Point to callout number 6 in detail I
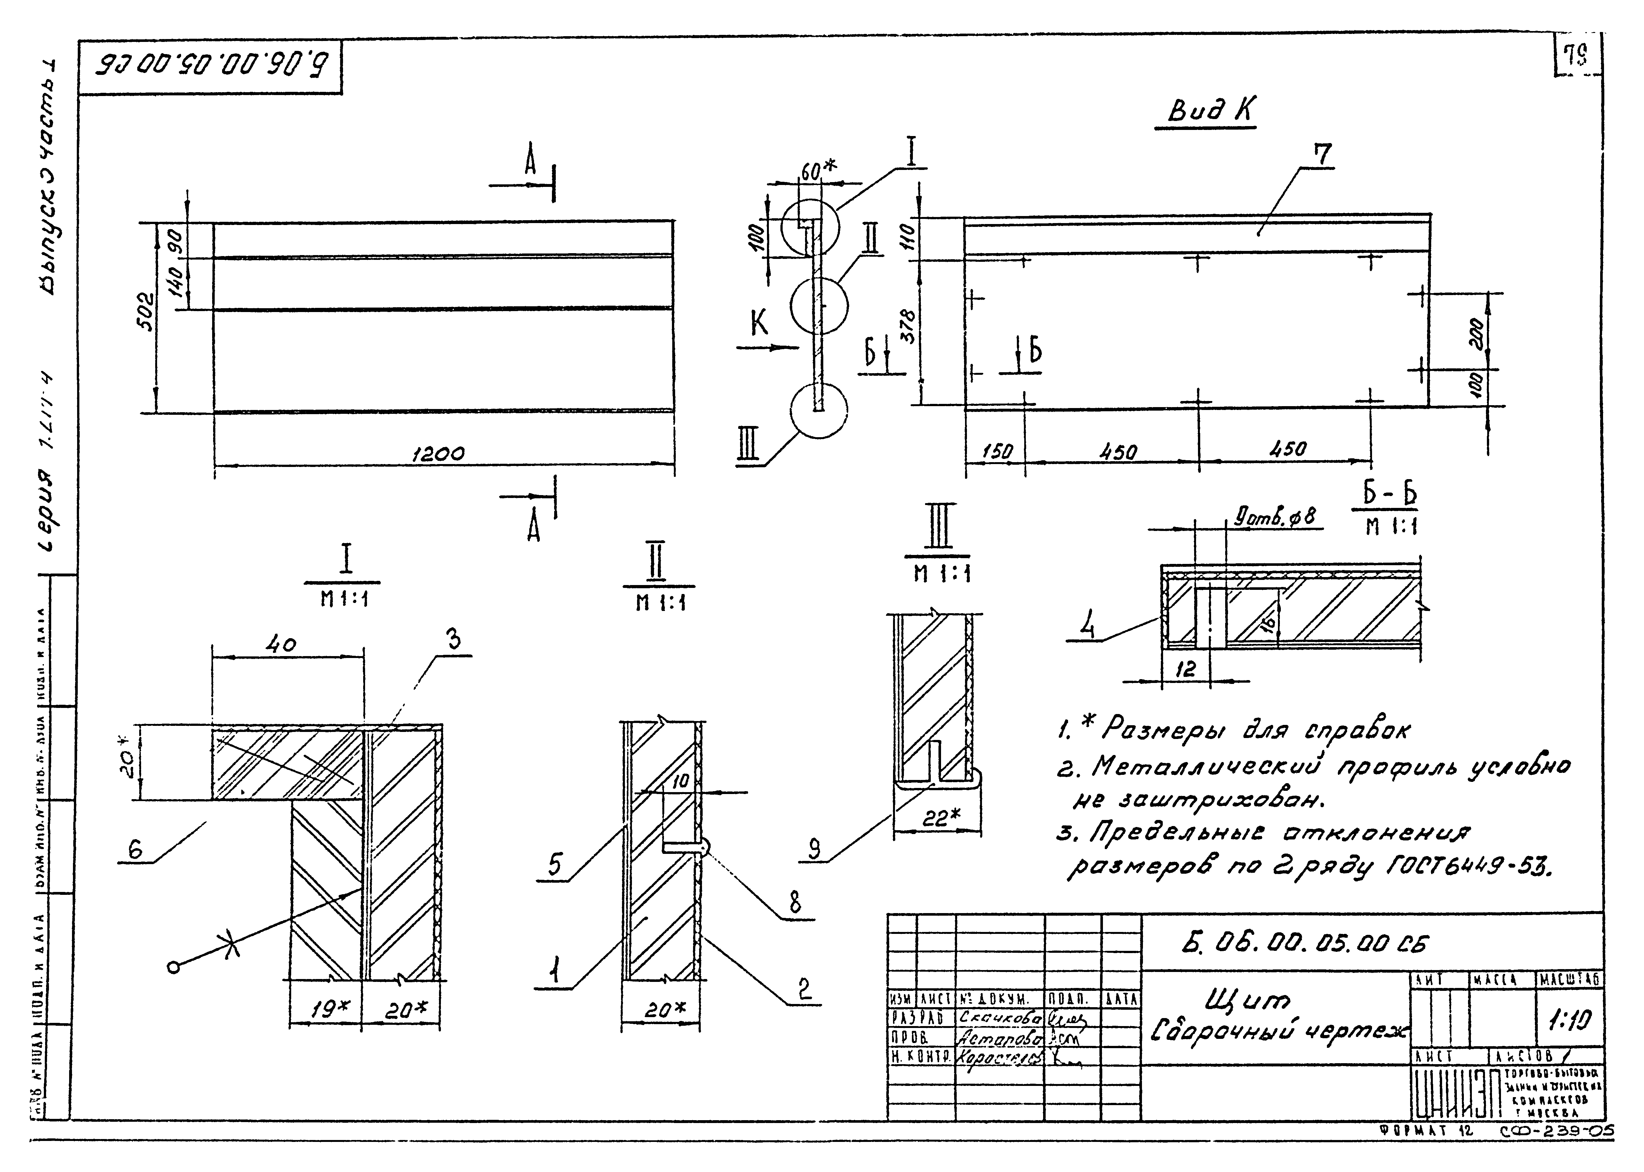tap(135, 850)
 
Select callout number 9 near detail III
tap(814, 850)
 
